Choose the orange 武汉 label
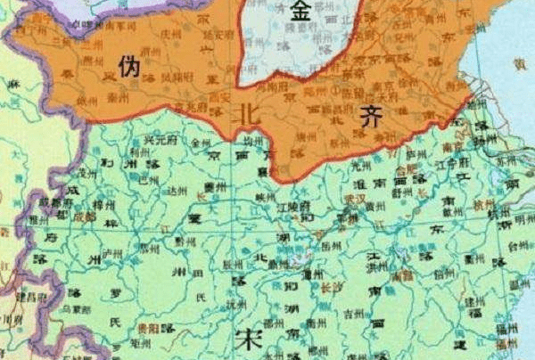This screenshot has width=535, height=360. (355, 196)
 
